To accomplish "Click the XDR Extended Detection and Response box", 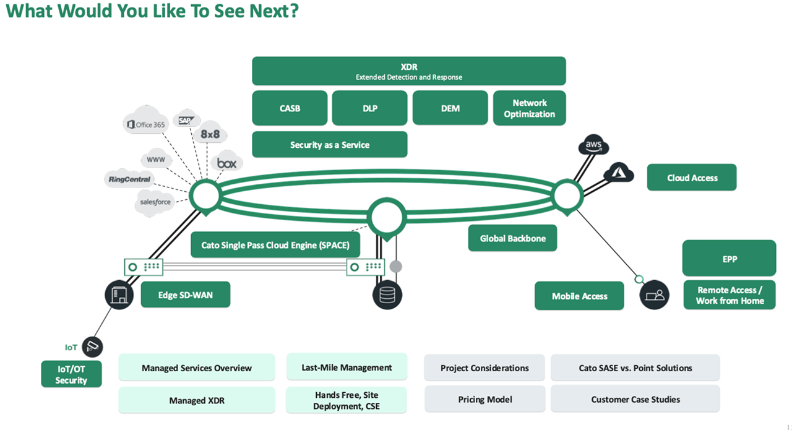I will point(408,71).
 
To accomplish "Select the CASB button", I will point(290,108).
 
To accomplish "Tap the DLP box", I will point(369,108).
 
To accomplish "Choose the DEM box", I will point(450,108).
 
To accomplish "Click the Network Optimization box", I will point(529,108).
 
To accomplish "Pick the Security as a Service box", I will point(329,145).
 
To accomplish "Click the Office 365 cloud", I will point(146,124).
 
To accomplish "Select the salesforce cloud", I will point(155,202).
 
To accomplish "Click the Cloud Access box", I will point(692,178).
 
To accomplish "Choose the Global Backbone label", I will point(512,238).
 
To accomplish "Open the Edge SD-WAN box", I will point(185,295).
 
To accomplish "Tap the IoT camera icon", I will point(92,346).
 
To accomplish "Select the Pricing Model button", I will point(484,400).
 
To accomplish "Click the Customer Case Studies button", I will point(635,400).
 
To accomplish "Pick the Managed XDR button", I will point(196,400).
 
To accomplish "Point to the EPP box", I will point(729,259).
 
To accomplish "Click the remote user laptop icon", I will point(655,295).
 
